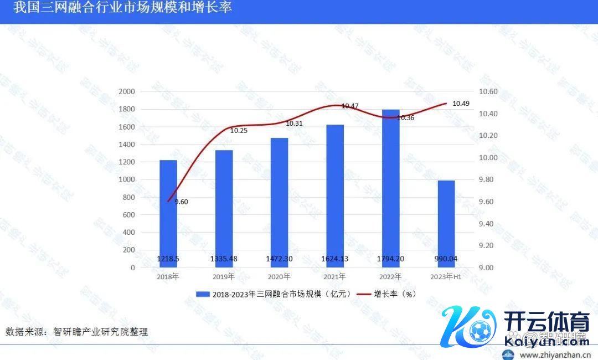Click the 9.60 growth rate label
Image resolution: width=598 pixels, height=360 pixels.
(181, 202)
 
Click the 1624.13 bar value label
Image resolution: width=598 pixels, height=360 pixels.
(335, 258)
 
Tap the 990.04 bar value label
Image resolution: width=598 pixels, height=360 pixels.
(446, 258)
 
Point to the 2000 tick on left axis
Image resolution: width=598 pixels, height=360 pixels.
(127, 91)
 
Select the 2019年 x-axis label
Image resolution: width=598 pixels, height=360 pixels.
(224, 276)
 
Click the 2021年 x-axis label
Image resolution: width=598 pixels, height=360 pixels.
(335, 276)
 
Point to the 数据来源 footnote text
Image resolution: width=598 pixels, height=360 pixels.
(77, 332)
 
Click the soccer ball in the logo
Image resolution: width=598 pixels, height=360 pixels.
(480, 331)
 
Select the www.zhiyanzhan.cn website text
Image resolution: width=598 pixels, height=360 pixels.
(555, 355)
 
